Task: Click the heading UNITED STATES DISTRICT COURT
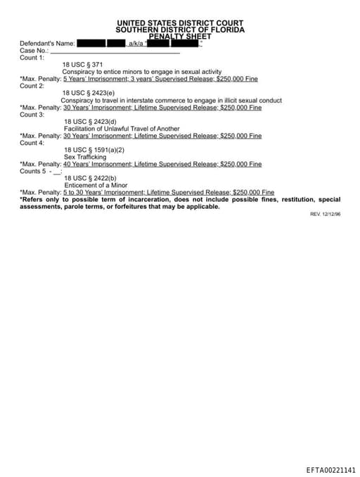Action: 181,23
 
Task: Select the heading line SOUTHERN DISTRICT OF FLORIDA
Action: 181,30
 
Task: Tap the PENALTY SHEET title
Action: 181,36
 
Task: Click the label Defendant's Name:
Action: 47,44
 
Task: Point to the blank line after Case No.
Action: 116,51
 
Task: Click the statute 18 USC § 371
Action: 82,65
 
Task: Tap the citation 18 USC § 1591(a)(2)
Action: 94,150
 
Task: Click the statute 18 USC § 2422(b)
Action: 90,178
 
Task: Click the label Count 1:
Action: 32,58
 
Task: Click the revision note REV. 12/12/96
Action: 325,214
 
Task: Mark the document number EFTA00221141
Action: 330,469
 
